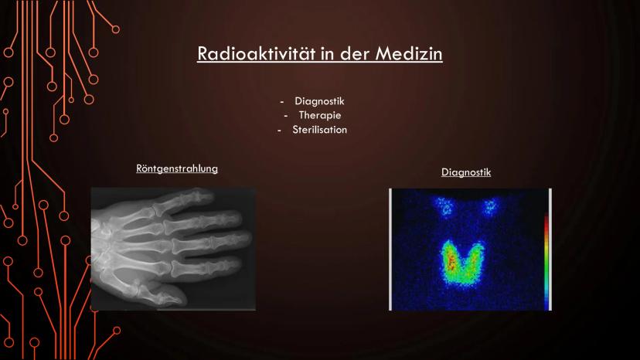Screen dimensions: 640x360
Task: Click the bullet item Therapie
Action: click(x=319, y=116)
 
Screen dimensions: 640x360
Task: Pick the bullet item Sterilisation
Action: click(x=319, y=130)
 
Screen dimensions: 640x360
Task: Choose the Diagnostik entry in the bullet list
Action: click(x=319, y=101)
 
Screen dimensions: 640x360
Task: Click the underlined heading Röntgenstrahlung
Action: click(x=177, y=168)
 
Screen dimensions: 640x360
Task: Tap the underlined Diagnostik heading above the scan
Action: click(x=466, y=172)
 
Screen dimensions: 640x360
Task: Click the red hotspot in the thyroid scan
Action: click(x=452, y=261)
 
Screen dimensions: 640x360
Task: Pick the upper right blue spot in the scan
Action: click(x=489, y=207)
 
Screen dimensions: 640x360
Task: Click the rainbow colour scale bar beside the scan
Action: click(x=546, y=261)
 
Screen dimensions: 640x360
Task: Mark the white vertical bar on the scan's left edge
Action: click(x=390, y=249)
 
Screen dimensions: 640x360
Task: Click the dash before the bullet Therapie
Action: click(x=286, y=117)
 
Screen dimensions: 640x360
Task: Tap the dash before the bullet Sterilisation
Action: click(x=279, y=131)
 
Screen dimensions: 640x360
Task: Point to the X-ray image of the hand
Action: click(x=173, y=249)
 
